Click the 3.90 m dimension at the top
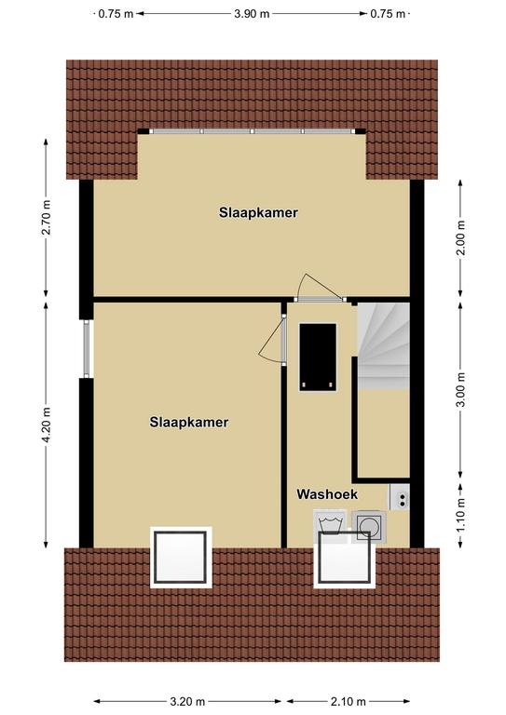pyautogui.click(x=252, y=14)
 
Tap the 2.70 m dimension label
pyautogui.click(x=46, y=218)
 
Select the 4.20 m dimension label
pyautogui.click(x=46, y=425)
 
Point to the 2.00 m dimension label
pyautogui.click(x=461, y=237)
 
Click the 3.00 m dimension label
pyautogui.click(x=461, y=389)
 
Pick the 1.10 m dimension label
pyautogui.click(x=461, y=515)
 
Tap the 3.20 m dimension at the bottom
pyautogui.click(x=187, y=701)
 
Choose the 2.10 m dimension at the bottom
pyautogui.click(x=348, y=701)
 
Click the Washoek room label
pyautogui.click(x=327, y=494)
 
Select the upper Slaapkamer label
pyautogui.click(x=258, y=212)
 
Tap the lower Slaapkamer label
pyautogui.click(x=189, y=423)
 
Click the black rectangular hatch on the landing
pyautogui.click(x=318, y=357)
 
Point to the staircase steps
pyautogui.click(x=383, y=346)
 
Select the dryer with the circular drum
pyautogui.click(x=369, y=527)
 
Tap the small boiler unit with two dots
pyautogui.click(x=399, y=497)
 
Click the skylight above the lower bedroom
pyautogui.click(x=181, y=558)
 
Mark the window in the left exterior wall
pyautogui.click(x=87, y=349)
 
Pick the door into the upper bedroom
pyautogui.click(x=320, y=300)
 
